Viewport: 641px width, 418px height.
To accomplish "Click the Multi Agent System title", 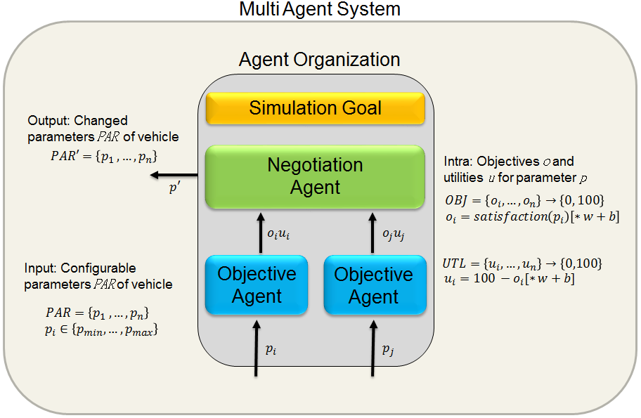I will tap(320, 10).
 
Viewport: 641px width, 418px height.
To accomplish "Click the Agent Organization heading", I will tap(319, 59).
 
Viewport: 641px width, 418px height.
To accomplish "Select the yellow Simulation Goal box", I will tap(315, 108).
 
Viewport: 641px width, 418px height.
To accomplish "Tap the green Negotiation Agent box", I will tap(315, 176).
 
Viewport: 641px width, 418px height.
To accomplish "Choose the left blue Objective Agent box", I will tap(257, 285).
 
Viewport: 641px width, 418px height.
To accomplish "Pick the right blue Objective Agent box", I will tap(374, 285).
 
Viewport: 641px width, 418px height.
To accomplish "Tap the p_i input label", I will tap(271, 348).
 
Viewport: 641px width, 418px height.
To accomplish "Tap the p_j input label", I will tap(387, 348).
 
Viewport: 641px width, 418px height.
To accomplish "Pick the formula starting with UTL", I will tap(522, 264).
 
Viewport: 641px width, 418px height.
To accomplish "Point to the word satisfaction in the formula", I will tap(515, 216).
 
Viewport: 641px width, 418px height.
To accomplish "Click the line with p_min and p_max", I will tap(101, 328).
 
